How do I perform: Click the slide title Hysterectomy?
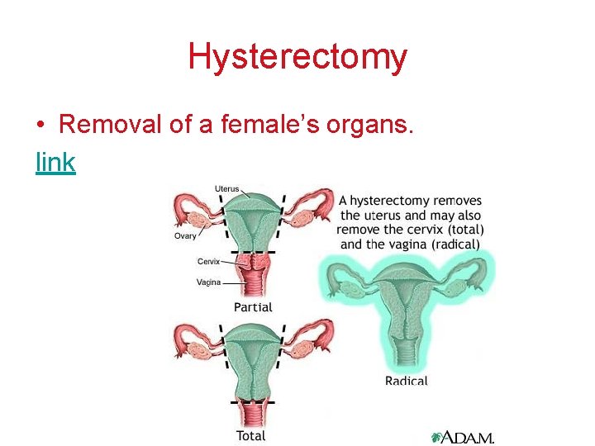point(297,56)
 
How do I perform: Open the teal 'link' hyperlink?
point(55,163)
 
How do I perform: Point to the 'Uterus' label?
point(227,189)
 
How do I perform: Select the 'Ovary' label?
point(185,236)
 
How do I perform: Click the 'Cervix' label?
point(209,261)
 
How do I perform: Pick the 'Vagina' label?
point(208,282)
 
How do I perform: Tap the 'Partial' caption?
point(253,307)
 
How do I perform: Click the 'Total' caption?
point(251,435)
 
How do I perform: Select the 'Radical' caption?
point(407,381)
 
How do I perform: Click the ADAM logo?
point(462,437)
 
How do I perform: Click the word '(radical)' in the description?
point(450,244)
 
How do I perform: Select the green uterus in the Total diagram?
point(252,355)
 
